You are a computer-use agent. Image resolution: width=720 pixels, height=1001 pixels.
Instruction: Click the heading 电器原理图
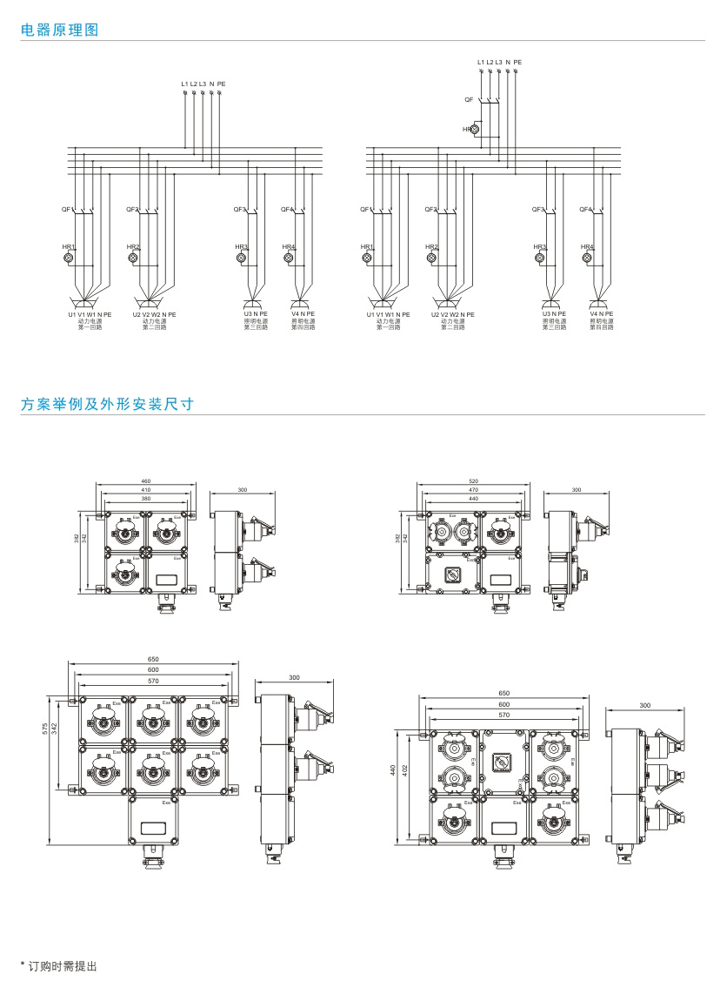[60, 30]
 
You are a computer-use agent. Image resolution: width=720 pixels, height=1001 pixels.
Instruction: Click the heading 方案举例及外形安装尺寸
[107, 404]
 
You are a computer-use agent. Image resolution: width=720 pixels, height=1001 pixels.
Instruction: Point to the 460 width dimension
[146, 481]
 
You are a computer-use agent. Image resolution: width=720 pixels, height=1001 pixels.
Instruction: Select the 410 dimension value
[146, 490]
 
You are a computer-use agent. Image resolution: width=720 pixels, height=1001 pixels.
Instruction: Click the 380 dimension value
[146, 499]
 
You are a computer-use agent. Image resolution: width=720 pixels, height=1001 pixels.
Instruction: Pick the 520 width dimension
[473, 481]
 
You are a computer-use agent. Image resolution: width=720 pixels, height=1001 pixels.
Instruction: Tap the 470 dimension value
[473, 490]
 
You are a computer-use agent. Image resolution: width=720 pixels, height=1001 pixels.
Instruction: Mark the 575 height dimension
[45, 728]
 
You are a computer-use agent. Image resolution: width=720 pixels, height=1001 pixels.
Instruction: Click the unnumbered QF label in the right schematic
[469, 100]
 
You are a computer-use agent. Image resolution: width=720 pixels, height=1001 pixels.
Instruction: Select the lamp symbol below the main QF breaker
[475, 129]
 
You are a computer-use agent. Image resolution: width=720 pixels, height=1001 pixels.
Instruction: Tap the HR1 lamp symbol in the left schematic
[69, 259]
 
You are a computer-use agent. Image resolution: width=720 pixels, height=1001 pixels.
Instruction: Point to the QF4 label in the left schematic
[287, 209]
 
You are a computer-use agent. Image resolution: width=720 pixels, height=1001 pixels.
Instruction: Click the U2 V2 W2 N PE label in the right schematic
[453, 314]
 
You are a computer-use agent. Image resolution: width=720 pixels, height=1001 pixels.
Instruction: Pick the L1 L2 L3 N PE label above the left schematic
[203, 84]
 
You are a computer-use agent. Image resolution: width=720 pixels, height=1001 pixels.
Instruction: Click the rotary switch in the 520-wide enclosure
[452, 574]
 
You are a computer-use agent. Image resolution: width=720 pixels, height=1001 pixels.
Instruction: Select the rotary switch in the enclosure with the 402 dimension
[503, 762]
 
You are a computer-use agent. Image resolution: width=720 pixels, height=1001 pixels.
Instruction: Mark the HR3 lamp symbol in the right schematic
[540, 259]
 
